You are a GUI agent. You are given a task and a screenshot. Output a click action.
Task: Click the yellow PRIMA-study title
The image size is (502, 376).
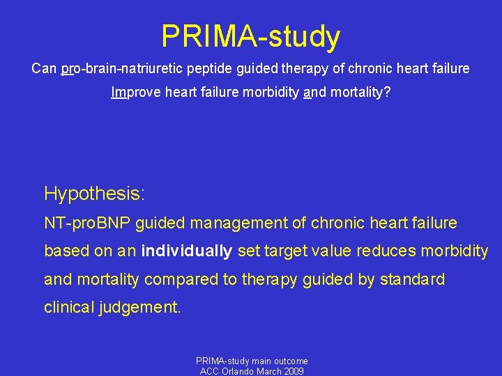click(251, 36)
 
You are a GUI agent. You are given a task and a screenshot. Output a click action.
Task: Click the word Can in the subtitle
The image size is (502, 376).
click(44, 69)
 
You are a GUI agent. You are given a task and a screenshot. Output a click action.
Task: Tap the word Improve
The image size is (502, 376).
click(136, 92)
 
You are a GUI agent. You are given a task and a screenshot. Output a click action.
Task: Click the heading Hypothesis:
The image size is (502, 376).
click(94, 193)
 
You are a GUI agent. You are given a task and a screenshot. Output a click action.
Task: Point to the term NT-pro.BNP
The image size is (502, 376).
click(88, 224)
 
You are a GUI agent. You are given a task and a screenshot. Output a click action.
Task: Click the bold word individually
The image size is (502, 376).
click(187, 251)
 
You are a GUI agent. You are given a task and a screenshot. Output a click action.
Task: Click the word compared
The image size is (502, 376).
click(188, 279)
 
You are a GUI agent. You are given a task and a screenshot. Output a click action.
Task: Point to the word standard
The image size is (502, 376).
click(412, 279)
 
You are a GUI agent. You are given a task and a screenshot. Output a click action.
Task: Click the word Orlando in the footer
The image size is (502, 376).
click(239, 371)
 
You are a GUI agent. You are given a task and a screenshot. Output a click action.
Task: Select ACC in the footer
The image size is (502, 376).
click(209, 371)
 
